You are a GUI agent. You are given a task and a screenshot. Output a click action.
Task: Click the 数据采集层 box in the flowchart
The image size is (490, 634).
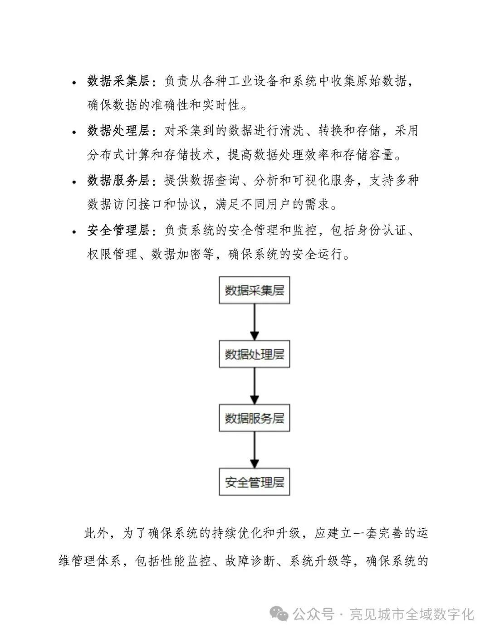[254, 290]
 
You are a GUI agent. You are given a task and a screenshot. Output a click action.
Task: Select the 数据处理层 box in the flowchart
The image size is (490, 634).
[254, 354]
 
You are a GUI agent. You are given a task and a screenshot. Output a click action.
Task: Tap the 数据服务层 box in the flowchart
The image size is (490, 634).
[254, 418]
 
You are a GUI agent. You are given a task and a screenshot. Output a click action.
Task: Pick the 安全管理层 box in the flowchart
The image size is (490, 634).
[254, 482]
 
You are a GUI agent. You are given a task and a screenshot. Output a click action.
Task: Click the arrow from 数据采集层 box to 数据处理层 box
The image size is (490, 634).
[255, 322]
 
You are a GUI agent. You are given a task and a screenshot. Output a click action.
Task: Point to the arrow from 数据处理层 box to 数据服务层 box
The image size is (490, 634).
[255, 386]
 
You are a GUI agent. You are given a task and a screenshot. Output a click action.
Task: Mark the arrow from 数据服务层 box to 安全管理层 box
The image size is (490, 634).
[255, 450]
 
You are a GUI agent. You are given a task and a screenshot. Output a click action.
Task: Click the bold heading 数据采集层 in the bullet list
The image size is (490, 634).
[118, 81]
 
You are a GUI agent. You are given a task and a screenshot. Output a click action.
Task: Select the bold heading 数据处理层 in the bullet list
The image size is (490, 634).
[118, 131]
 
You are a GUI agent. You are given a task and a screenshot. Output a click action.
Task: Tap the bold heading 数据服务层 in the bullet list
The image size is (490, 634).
[118, 180]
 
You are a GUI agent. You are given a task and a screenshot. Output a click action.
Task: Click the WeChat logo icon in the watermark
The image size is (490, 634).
[279, 614]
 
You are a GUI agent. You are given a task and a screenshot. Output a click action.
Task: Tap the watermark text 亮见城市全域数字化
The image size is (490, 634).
[412, 614]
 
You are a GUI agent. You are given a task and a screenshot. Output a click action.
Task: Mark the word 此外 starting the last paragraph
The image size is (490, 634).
[96, 533]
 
